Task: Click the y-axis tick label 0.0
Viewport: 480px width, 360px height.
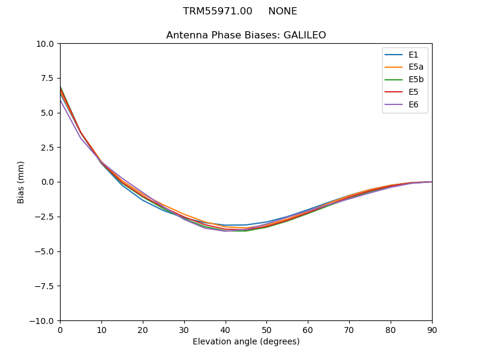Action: [48, 182]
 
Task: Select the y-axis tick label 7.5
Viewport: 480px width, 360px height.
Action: [48, 78]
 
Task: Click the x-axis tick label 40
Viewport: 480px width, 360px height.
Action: [225, 329]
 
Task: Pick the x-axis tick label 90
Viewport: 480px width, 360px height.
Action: [432, 329]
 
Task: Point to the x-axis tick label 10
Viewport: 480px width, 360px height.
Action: [101, 329]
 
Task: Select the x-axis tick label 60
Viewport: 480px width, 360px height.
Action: [308, 329]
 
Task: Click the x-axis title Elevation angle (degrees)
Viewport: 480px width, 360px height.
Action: [246, 342]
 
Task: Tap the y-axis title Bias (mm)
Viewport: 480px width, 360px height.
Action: [22, 182]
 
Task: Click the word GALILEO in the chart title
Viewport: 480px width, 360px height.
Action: [304, 35]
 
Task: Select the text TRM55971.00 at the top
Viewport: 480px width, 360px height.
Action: [218, 11]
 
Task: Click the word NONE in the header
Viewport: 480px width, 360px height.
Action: [283, 11]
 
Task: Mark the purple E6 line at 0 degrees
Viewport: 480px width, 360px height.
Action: [61, 100]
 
